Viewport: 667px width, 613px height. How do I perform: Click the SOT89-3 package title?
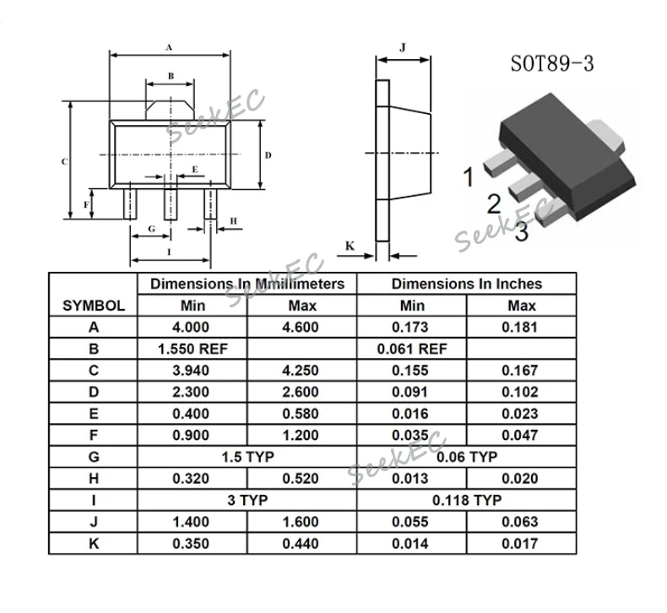click(551, 64)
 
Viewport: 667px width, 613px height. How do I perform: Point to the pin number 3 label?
click(522, 232)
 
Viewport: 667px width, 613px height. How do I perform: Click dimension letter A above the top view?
click(169, 47)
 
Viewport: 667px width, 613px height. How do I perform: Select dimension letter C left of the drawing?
click(63, 160)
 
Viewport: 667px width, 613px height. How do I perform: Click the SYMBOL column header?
click(94, 306)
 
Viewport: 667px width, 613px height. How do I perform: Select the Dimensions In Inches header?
click(466, 284)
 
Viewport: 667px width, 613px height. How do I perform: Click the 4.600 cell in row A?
click(302, 328)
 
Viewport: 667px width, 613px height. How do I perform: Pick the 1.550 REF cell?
click(193, 349)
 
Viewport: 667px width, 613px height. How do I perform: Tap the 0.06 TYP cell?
click(466, 457)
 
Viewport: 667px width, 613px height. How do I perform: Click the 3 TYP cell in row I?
click(247, 500)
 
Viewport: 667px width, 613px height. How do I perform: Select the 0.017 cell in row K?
click(521, 544)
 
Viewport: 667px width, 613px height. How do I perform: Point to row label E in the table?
click(94, 414)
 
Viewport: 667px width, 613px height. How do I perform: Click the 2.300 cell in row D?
click(193, 393)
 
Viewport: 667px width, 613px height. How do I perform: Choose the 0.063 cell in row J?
click(521, 523)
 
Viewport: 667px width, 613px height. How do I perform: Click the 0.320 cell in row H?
click(193, 479)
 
